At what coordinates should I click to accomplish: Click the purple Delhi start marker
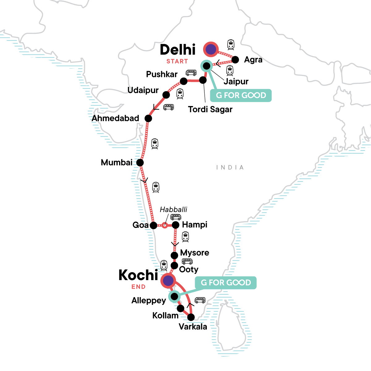211,49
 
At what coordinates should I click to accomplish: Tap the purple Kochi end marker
168,281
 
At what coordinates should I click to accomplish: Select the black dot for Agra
235,60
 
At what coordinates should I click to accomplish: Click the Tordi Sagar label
210,109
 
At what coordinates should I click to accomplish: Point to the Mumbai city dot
140,162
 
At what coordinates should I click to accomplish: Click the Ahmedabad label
115,118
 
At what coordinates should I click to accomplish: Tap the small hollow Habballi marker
165,225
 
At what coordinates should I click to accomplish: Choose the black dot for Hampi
175,225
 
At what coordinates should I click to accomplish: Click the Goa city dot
153,225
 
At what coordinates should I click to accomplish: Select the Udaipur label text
143,91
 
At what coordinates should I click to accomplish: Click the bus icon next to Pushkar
191,73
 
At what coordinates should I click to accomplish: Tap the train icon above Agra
231,45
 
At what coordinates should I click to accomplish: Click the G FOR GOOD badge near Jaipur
241,95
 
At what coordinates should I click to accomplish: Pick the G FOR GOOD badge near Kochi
226,283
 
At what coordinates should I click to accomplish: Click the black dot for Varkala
191,317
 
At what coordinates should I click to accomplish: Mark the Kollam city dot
181,308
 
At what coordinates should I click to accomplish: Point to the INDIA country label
230,168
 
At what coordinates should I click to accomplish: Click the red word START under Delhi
177,61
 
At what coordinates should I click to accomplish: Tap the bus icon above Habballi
176,217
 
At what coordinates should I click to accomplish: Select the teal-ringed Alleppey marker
174,296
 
